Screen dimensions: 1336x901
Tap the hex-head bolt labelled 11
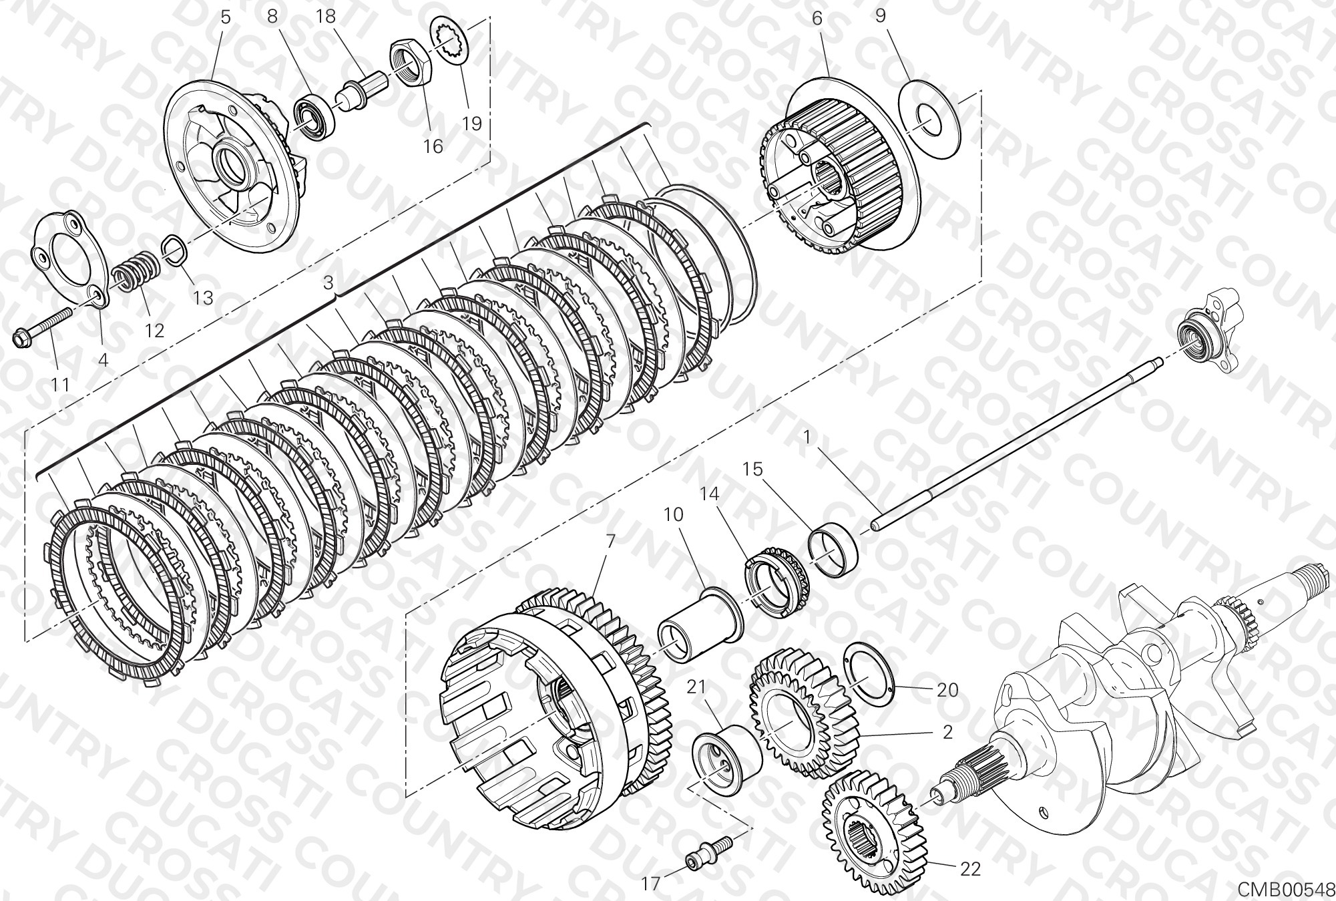[x=42, y=327]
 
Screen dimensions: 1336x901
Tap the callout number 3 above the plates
[x=327, y=283]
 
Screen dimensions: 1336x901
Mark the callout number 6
[x=817, y=18]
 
